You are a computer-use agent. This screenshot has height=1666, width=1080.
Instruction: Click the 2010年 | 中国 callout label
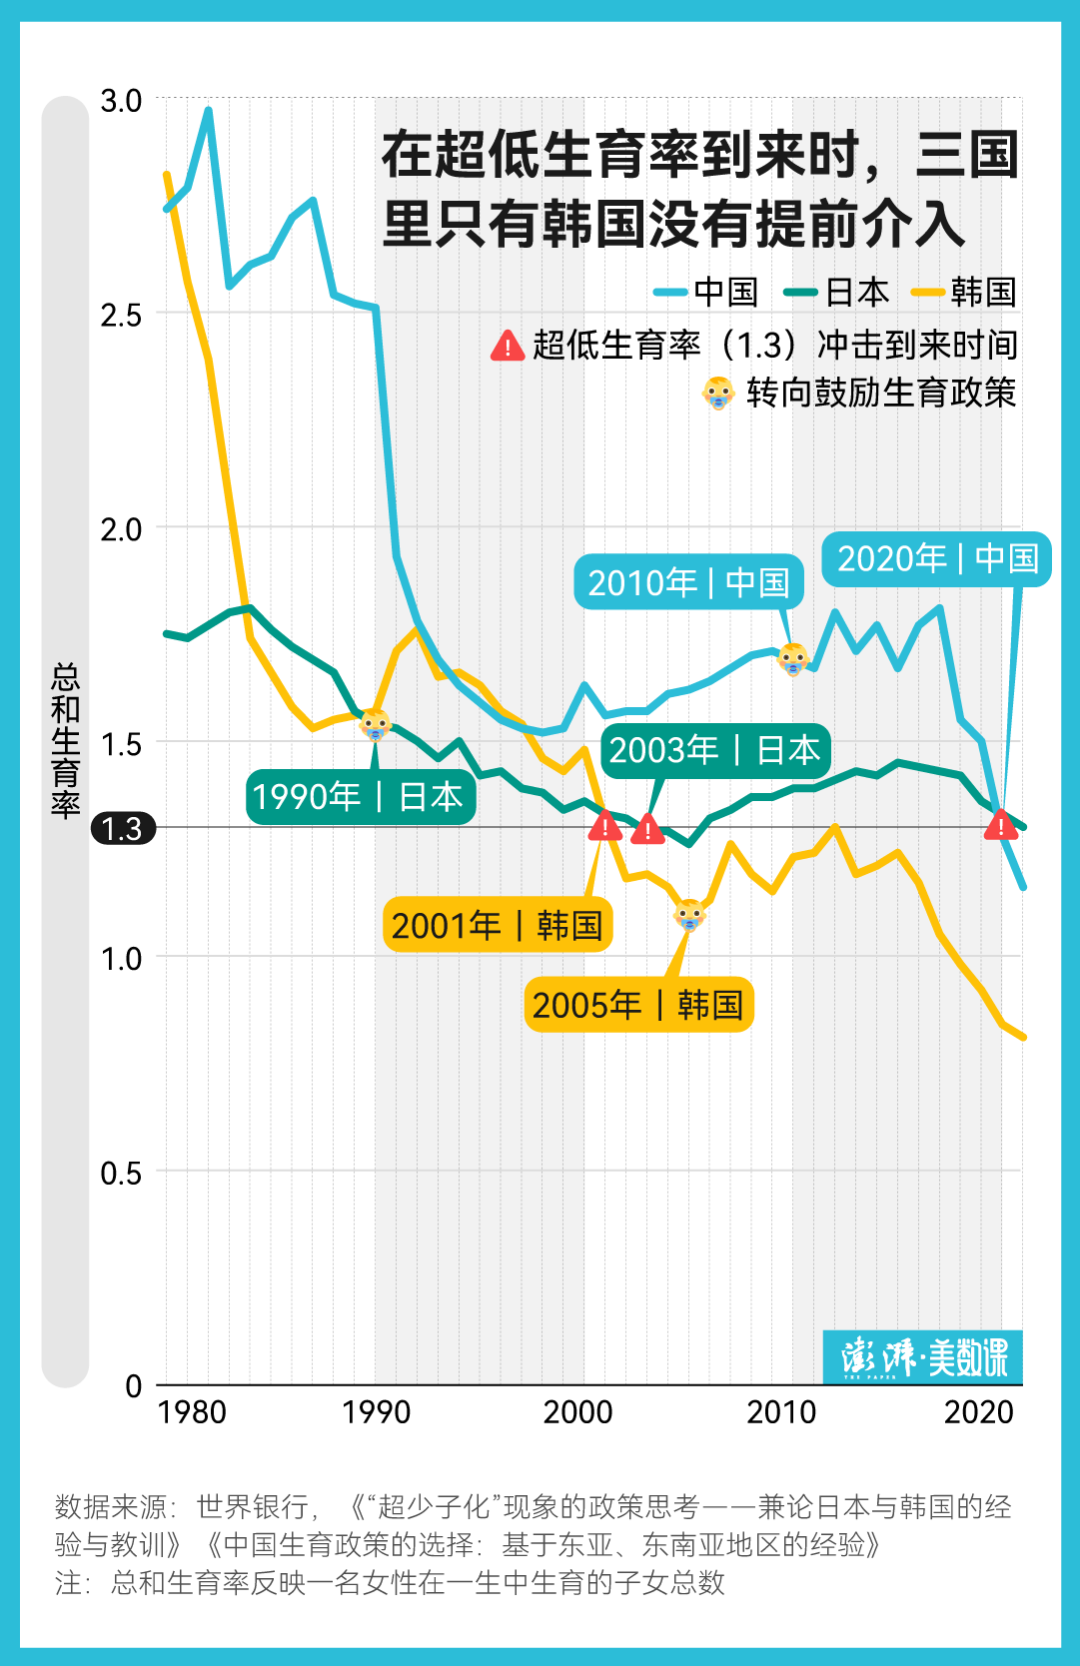pyautogui.click(x=688, y=582)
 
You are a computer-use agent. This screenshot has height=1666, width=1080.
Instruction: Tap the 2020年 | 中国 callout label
pyautogui.click(x=936, y=558)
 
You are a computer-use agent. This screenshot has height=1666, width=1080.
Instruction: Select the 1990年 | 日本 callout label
pyautogui.click(x=360, y=796)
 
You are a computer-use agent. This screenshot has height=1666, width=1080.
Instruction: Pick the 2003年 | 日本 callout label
pyautogui.click(x=714, y=749)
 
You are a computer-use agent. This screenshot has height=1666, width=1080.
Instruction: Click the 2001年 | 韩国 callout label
pyautogui.click(x=497, y=925)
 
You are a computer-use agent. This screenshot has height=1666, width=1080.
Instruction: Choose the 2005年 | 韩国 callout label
pyautogui.click(x=638, y=1004)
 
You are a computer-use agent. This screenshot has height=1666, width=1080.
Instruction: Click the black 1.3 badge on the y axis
pyautogui.click(x=123, y=828)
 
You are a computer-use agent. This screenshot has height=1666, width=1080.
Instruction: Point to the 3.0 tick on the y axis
pyautogui.click(x=121, y=100)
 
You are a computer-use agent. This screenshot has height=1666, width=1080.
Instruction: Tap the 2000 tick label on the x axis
pyautogui.click(x=577, y=1411)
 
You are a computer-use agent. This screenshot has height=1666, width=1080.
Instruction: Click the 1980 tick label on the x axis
pyautogui.click(x=192, y=1411)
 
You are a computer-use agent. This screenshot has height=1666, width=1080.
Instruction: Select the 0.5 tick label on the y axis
pyautogui.click(x=121, y=1172)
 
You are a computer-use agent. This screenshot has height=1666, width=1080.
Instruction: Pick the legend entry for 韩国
pyautogui.click(x=965, y=292)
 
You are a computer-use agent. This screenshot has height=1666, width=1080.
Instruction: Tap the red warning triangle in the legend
pyautogui.click(x=508, y=346)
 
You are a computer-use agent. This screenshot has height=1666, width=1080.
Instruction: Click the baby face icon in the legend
pyautogui.click(x=718, y=393)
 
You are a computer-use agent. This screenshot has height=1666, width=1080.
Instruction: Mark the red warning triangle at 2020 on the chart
pyautogui.click(x=1000, y=825)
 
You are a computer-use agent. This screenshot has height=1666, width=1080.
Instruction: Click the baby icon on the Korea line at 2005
pyautogui.click(x=688, y=913)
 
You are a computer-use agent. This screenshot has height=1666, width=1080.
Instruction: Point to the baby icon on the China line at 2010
pyautogui.click(x=792, y=658)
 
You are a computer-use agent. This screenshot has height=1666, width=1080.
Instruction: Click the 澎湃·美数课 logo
pyautogui.click(x=922, y=1356)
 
